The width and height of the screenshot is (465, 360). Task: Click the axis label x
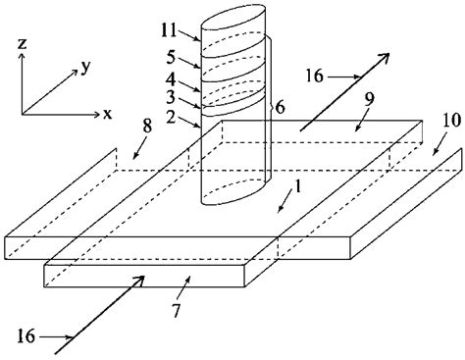107,114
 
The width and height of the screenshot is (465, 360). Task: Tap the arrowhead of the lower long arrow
142,279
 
